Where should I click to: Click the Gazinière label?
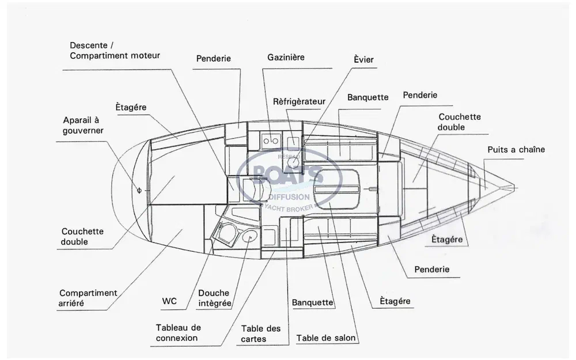(x=286, y=58)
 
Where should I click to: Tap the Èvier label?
(x=363, y=60)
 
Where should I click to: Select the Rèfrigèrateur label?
(x=299, y=101)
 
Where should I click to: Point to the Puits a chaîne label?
(x=516, y=150)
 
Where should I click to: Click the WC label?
(x=170, y=301)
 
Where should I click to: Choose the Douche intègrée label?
(x=214, y=298)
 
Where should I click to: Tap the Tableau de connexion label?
(x=178, y=332)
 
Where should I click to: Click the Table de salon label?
(x=326, y=338)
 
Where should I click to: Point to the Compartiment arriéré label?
(x=88, y=298)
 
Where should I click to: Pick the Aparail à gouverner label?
(x=83, y=126)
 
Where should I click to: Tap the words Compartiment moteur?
(x=115, y=56)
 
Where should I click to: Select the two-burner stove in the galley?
(x=270, y=139)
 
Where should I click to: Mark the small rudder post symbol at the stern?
(x=138, y=189)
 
